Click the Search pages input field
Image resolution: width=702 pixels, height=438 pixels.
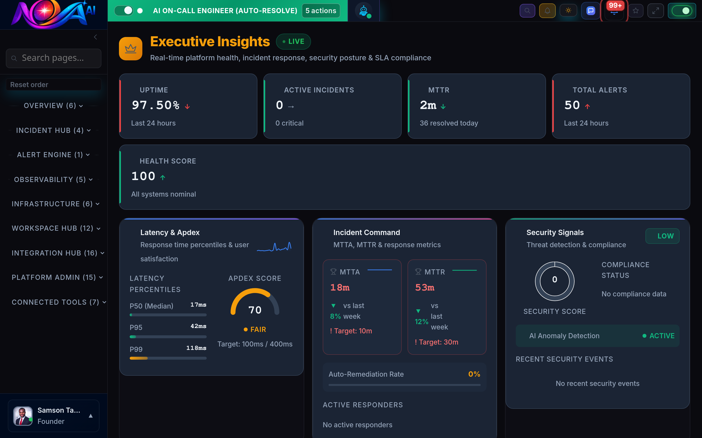54,58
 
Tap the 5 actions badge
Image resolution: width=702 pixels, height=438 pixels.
321,11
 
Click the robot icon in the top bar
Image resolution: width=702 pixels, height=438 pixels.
363,11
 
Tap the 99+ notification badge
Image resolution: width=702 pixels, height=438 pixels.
615,6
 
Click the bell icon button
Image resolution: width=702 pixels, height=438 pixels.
547,11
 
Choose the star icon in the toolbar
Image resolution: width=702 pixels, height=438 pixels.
635,11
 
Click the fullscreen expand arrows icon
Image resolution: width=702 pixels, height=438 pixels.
655,11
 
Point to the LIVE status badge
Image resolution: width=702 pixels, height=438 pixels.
293,41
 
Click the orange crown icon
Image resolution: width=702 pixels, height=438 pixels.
131,49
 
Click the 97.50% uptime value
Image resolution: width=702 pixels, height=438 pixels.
156,105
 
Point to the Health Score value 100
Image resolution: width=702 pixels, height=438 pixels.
143,176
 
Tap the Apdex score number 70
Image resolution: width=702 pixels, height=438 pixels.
255,310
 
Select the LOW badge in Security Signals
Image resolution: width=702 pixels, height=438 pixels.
662,236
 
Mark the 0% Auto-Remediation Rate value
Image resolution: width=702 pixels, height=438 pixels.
474,374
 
